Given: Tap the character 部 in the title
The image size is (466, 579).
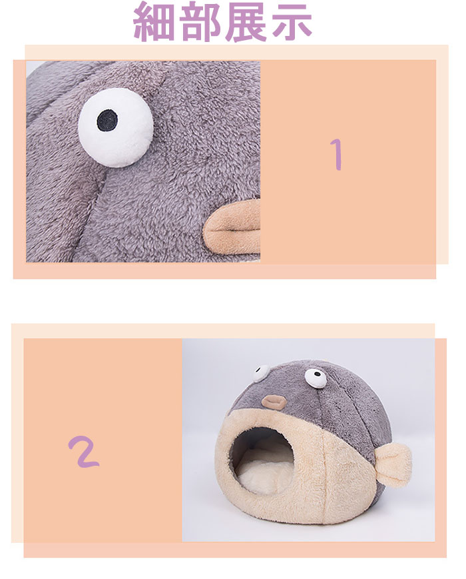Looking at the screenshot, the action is click(x=200, y=22).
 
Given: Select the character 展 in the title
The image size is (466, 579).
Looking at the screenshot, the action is click(x=246, y=22).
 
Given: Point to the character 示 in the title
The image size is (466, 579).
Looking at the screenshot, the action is click(x=292, y=22).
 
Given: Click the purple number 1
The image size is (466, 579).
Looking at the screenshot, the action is click(x=338, y=154).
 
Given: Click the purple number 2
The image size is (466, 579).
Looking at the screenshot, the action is click(x=84, y=451).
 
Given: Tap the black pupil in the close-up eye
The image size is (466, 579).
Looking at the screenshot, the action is click(x=107, y=120).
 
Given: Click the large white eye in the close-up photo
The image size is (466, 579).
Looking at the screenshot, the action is click(x=115, y=127).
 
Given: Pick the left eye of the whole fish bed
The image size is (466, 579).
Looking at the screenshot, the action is click(x=261, y=373).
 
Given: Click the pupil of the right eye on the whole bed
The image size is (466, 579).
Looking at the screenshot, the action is click(x=318, y=374).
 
